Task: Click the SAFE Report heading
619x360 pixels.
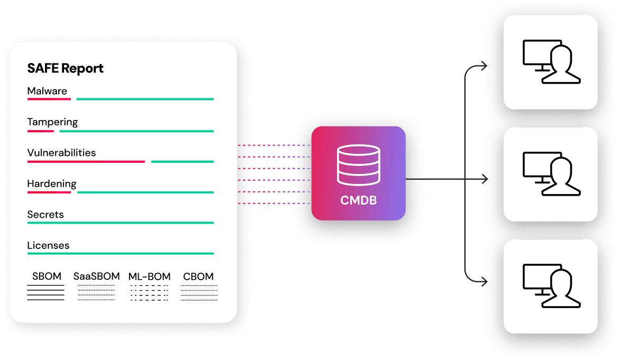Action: point(65,69)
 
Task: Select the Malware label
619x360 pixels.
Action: point(47,91)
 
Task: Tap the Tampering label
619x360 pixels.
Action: point(52,122)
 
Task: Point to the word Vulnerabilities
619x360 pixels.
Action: point(61,153)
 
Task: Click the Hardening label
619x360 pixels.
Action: point(52,184)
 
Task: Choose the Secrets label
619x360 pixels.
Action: point(45,215)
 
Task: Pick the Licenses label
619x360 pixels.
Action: point(48,246)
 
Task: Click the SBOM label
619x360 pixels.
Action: point(47,276)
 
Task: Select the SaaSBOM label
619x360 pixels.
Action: point(96,276)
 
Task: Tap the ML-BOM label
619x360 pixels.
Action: point(149,276)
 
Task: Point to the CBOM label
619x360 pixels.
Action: point(198,276)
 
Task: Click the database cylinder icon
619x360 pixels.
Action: point(358,165)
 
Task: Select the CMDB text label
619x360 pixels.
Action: point(358,201)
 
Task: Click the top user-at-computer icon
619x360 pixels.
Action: point(551,62)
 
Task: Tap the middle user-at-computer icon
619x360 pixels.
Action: point(551,174)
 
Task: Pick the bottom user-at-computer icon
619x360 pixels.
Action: point(551,286)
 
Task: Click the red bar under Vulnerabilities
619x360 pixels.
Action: point(86,161)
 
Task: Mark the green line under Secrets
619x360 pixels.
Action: point(120,223)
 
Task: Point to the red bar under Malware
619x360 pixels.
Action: point(49,99)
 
